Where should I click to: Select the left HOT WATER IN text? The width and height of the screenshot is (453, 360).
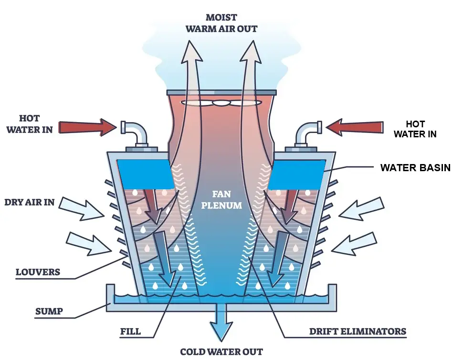coord(30,123)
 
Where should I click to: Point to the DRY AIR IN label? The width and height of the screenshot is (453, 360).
coord(29,202)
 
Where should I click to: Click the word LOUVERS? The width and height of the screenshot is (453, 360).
coord(38,272)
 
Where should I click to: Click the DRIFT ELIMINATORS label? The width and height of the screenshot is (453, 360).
coord(358,331)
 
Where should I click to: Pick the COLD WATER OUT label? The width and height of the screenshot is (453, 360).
coord(221,352)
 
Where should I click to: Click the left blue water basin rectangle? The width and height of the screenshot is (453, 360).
coord(146,173)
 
